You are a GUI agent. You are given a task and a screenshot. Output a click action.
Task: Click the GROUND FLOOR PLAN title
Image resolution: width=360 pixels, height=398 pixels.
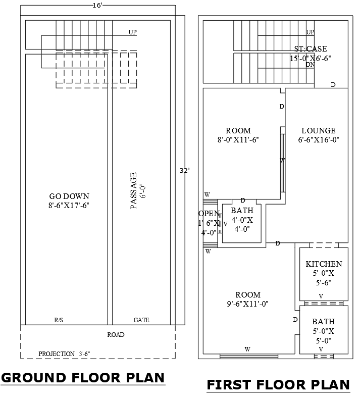pos(83,378)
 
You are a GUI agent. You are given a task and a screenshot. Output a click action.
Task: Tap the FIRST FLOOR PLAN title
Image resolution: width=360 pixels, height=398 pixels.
pos(278,385)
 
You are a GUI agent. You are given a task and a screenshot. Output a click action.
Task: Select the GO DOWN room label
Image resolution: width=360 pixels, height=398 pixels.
pos(69,196)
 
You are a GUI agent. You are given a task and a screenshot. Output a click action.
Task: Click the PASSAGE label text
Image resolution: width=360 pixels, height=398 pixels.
pos(134,190)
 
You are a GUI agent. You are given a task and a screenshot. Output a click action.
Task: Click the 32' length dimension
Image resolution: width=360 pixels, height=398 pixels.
pos(184,171)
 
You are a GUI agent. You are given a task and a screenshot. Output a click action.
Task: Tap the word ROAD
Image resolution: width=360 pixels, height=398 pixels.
pos(116,334)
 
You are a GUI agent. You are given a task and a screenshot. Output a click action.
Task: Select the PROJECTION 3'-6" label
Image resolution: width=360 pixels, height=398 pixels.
pos(64,354)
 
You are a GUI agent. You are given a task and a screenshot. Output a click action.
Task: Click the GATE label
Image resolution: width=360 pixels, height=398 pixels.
pos(141,320)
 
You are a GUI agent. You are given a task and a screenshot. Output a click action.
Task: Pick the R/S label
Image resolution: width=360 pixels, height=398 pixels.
pos(59,320)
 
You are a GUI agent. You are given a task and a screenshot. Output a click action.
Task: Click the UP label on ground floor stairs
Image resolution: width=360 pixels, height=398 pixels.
pos(133,32)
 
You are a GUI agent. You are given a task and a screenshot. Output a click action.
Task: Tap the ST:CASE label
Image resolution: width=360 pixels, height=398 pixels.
pos(310,48)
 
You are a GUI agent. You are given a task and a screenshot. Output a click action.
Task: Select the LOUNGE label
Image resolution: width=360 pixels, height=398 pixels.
pos(318,131)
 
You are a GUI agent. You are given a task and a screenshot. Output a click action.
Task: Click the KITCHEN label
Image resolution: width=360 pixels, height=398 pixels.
pos(324,264)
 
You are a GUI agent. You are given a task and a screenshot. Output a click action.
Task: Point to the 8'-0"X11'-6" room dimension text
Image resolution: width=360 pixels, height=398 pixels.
pos(238,140)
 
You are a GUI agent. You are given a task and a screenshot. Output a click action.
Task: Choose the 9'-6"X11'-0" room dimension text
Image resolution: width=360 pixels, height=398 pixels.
pos(247,304)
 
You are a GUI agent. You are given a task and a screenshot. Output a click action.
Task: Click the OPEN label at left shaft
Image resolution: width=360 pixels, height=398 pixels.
pos(208,213)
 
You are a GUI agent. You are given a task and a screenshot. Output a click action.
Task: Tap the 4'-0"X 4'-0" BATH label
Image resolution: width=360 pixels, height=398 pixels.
pos(242,220)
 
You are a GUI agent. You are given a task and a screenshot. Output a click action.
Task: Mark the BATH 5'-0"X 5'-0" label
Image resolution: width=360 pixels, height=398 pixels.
pos(323,331)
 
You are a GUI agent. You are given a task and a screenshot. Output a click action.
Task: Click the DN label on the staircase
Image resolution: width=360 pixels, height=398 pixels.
pos(311,65)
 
